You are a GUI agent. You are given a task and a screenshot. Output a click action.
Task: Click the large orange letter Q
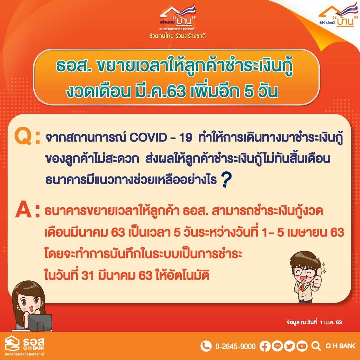click(x=23, y=137)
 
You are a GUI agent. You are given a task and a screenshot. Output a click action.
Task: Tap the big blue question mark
click(x=226, y=180)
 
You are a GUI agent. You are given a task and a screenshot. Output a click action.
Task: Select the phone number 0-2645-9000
click(x=235, y=346)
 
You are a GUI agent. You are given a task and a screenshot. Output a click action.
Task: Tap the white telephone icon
click(x=206, y=346)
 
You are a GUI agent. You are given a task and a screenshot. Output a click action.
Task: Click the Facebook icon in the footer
click(x=265, y=346)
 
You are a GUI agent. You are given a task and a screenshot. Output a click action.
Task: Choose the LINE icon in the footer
click(x=277, y=346)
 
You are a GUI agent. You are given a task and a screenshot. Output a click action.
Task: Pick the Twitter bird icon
click(x=289, y=346)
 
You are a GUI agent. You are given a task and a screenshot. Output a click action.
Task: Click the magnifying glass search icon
click(x=316, y=346)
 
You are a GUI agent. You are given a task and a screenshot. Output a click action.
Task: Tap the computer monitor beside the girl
click(x=40, y=322)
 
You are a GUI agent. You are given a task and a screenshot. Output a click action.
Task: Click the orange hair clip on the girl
click(x=18, y=293)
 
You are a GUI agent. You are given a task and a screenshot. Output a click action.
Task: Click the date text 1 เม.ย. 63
click(x=331, y=322)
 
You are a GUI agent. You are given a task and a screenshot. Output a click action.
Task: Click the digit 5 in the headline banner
click(x=249, y=91)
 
